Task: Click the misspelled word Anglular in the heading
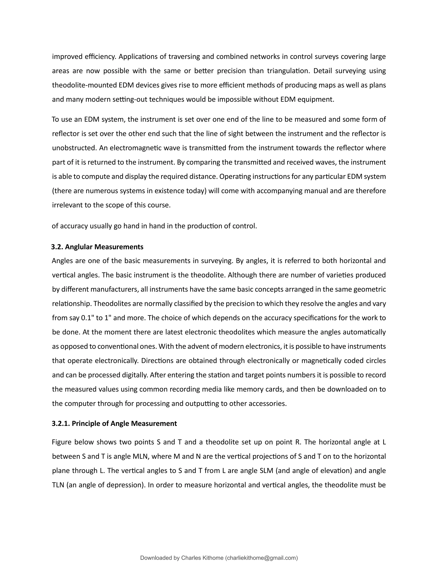click(79, 247)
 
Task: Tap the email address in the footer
click(261, 558)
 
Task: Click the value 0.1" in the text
click(88, 318)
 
